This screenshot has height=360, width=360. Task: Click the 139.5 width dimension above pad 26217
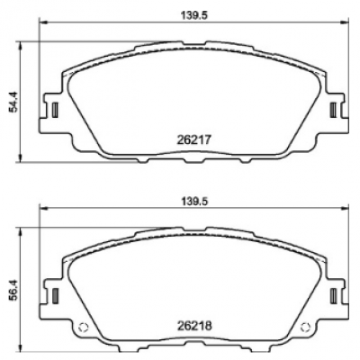194,15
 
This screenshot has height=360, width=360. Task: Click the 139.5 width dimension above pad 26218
194,202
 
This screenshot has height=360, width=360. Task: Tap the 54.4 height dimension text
13,102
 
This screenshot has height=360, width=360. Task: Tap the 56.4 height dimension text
13,288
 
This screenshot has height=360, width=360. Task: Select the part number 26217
194,139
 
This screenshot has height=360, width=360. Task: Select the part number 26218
194,326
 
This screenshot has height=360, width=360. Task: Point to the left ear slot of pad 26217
55,110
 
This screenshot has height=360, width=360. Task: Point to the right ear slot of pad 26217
333,110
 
